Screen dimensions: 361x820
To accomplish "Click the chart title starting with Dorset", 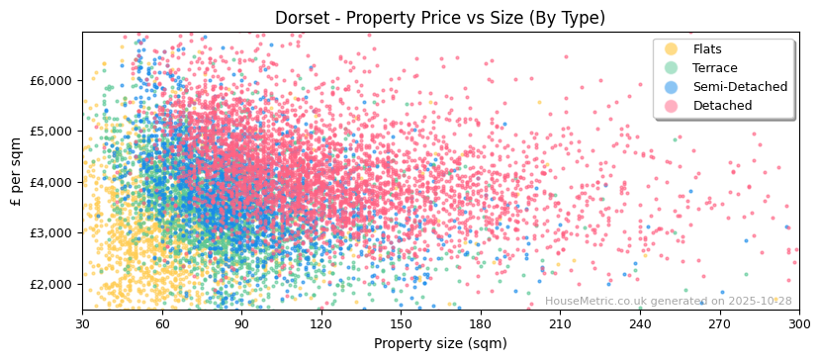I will click(x=440, y=18).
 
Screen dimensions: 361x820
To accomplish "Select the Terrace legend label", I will click(x=715, y=68).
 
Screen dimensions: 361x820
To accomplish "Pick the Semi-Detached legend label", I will click(x=740, y=87).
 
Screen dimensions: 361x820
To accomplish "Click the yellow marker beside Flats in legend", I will click(x=672, y=49).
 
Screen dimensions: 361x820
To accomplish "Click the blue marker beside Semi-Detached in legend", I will click(x=672, y=87).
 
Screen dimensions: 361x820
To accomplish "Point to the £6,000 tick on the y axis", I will click(x=51, y=80).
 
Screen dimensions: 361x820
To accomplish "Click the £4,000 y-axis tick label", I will click(x=51, y=182).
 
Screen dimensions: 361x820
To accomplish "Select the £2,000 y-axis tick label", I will click(x=51, y=284).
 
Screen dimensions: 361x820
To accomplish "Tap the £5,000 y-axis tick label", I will click(x=51, y=131).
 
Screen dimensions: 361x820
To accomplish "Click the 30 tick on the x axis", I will click(x=82, y=323).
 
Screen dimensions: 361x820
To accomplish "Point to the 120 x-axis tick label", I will click(x=321, y=323).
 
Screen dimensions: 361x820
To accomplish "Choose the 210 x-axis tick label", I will click(x=560, y=323).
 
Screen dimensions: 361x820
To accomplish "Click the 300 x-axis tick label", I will click(x=798, y=323).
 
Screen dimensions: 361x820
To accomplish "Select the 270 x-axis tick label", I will click(x=719, y=323).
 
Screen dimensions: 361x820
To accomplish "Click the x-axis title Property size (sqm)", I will click(x=440, y=343).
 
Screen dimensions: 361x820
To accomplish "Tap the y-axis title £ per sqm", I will click(x=17, y=171).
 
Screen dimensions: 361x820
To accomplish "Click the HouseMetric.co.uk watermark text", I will click(x=668, y=301).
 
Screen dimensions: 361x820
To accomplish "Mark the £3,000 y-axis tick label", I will click(x=51, y=232).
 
